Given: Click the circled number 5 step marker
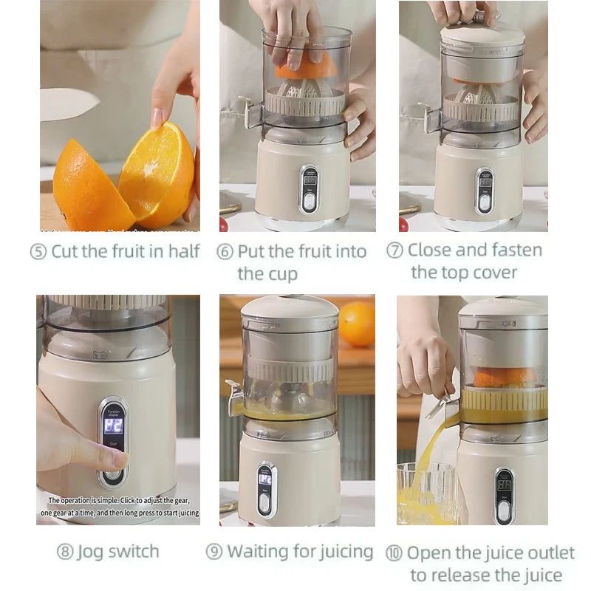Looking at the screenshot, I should pos(38,251).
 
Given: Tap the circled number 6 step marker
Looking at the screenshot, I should pos(225,251).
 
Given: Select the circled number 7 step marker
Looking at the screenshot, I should pos(395,250).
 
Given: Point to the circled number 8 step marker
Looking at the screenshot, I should pos(65,552).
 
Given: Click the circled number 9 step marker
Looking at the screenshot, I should pos(214,551).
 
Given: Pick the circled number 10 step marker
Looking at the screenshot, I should pos(395,553).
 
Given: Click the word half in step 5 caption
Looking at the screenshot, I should pos(184,251).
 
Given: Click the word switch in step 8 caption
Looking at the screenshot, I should pos(134,552).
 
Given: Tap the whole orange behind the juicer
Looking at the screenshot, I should pos(356,323).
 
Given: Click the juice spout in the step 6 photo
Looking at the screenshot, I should pos(250,111).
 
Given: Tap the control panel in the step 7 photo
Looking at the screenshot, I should pos(485,191).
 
